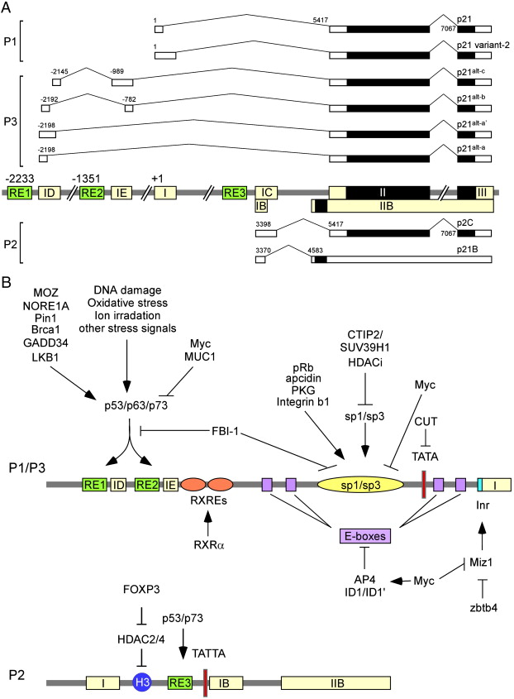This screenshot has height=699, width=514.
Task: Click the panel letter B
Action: pos(7,281)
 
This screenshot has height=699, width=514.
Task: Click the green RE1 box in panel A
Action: pos(20,193)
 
